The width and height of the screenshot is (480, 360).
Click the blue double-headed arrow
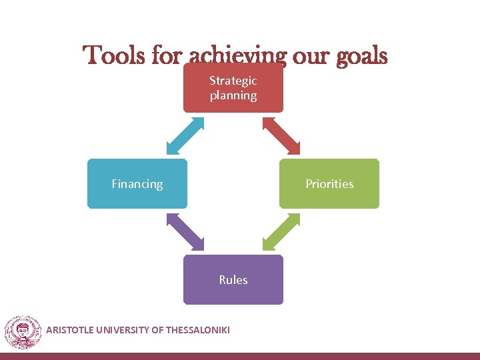(185, 135)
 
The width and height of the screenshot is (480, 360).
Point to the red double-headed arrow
(281, 135)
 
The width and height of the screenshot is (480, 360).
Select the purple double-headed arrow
(185, 232)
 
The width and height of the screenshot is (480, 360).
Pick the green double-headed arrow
(281, 232)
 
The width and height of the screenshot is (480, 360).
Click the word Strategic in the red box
(233, 81)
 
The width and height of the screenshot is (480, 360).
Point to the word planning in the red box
(233, 95)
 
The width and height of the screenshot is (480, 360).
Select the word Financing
(137, 184)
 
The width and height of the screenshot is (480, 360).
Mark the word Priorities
(329, 184)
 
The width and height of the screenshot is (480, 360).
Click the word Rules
(233, 280)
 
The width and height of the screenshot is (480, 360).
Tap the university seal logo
(23, 331)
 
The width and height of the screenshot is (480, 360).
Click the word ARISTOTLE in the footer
(71, 329)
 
